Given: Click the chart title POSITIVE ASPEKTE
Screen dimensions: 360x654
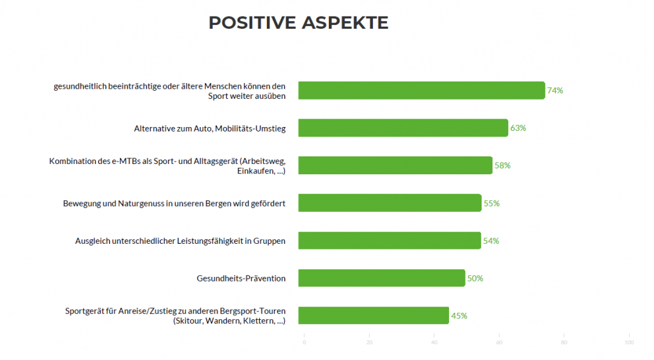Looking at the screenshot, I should tap(298, 23).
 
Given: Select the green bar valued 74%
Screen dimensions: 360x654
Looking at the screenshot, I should tap(422, 91).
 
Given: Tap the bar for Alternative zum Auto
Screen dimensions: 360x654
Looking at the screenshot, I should tap(403, 128).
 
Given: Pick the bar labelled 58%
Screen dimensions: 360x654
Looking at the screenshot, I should tap(395, 165).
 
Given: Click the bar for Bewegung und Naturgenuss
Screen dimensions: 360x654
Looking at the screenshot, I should tap(390, 203).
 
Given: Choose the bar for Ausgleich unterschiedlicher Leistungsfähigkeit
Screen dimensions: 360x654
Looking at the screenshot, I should tap(389, 241).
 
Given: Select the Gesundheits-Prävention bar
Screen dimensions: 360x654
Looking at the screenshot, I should tap(381, 278).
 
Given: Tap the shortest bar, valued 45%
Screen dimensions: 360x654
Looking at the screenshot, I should tap(374, 315).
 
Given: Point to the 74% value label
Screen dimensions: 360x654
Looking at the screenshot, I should tap(555, 91).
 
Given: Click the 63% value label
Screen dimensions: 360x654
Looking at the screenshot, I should tap(518, 128).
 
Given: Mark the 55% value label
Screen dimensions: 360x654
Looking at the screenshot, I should tap(491, 204).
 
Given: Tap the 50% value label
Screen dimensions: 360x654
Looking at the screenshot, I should tap(475, 278).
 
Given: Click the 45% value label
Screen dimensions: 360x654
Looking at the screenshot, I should tap(459, 316).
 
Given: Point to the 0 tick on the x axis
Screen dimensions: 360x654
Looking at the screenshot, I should tap(304, 343).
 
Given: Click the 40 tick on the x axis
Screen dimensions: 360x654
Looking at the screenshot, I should tap(434, 343).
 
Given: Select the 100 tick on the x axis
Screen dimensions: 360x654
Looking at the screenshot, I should tap(629, 343).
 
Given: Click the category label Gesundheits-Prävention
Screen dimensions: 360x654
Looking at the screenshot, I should tap(241, 278).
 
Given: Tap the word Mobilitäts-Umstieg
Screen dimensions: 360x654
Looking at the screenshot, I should tap(250, 128).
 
